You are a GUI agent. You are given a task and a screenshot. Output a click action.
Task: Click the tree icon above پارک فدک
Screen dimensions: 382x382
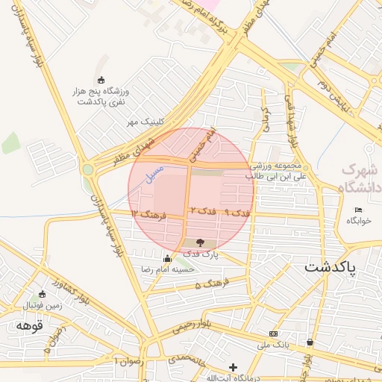pos(199,242)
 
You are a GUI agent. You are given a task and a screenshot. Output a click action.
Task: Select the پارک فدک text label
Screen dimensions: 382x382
pos(199,254)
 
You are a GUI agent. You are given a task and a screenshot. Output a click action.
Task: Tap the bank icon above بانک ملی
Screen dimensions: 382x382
pos(273,334)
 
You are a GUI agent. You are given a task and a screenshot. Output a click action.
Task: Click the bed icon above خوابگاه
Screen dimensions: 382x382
pos(358,210)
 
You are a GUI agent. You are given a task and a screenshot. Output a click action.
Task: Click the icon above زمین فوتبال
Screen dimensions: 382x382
pos(54,294)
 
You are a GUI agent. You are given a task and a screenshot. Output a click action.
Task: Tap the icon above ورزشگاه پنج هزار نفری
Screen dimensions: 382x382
pos(101,80)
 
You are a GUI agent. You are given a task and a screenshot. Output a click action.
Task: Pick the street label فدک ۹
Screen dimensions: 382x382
pos(237,213)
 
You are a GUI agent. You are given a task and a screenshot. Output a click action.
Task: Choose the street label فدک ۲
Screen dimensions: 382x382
pos(203,212)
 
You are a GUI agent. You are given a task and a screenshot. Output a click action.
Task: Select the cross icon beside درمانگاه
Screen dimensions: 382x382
pos(234,367)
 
